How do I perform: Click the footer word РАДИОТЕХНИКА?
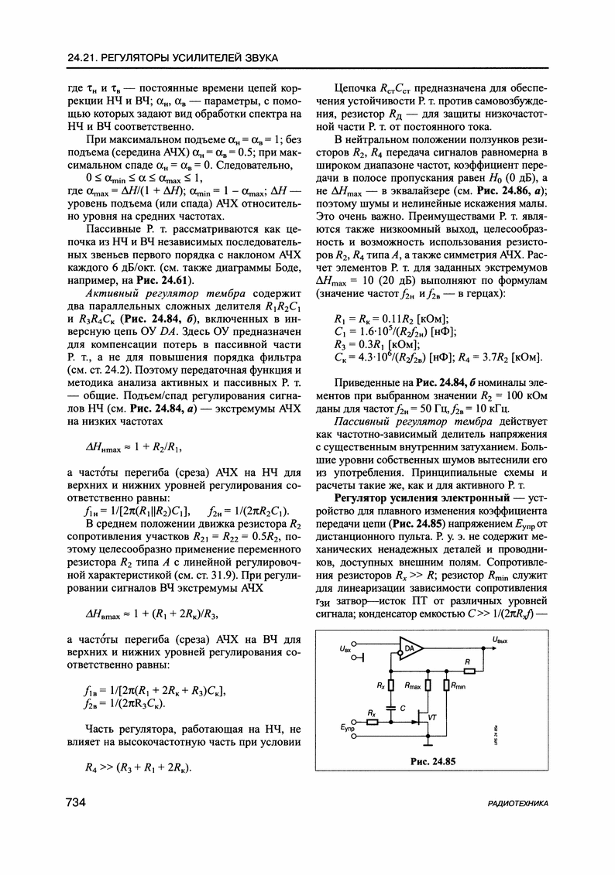tap(518, 804)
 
